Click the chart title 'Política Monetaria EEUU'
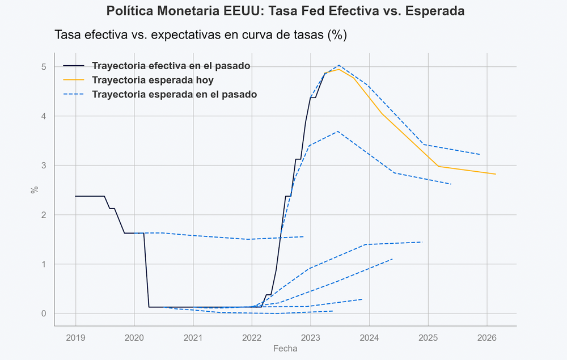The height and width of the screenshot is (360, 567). (x=285, y=11)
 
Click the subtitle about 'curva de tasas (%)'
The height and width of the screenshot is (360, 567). (x=200, y=35)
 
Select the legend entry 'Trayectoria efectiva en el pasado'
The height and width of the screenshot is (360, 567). (x=171, y=66)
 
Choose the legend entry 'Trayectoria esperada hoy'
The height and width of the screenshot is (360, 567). (x=153, y=80)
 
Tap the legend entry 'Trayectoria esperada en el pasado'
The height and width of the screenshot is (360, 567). (x=174, y=94)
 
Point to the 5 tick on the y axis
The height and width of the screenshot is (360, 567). (x=44, y=67)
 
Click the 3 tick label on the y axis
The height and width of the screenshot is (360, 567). (x=44, y=166)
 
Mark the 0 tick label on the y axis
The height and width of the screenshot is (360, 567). (x=44, y=314)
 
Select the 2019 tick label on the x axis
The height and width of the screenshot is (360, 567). (x=75, y=338)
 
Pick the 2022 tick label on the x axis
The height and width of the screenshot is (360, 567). (x=252, y=338)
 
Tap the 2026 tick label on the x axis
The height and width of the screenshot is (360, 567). (x=487, y=338)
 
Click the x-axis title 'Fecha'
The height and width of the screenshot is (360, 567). (x=285, y=349)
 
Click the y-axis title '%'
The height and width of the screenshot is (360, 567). (x=35, y=190)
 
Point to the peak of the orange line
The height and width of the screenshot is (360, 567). (x=338, y=69)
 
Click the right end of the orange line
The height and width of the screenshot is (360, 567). (x=496, y=174)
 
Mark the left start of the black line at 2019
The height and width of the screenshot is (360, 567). (x=75, y=196)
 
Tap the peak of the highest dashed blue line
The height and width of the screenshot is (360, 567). (x=338, y=65)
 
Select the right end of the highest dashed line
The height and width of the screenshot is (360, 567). (x=480, y=154)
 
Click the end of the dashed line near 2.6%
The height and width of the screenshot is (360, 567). (x=451, y=184)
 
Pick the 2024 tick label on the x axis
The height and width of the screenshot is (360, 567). (x=369, y=338)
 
